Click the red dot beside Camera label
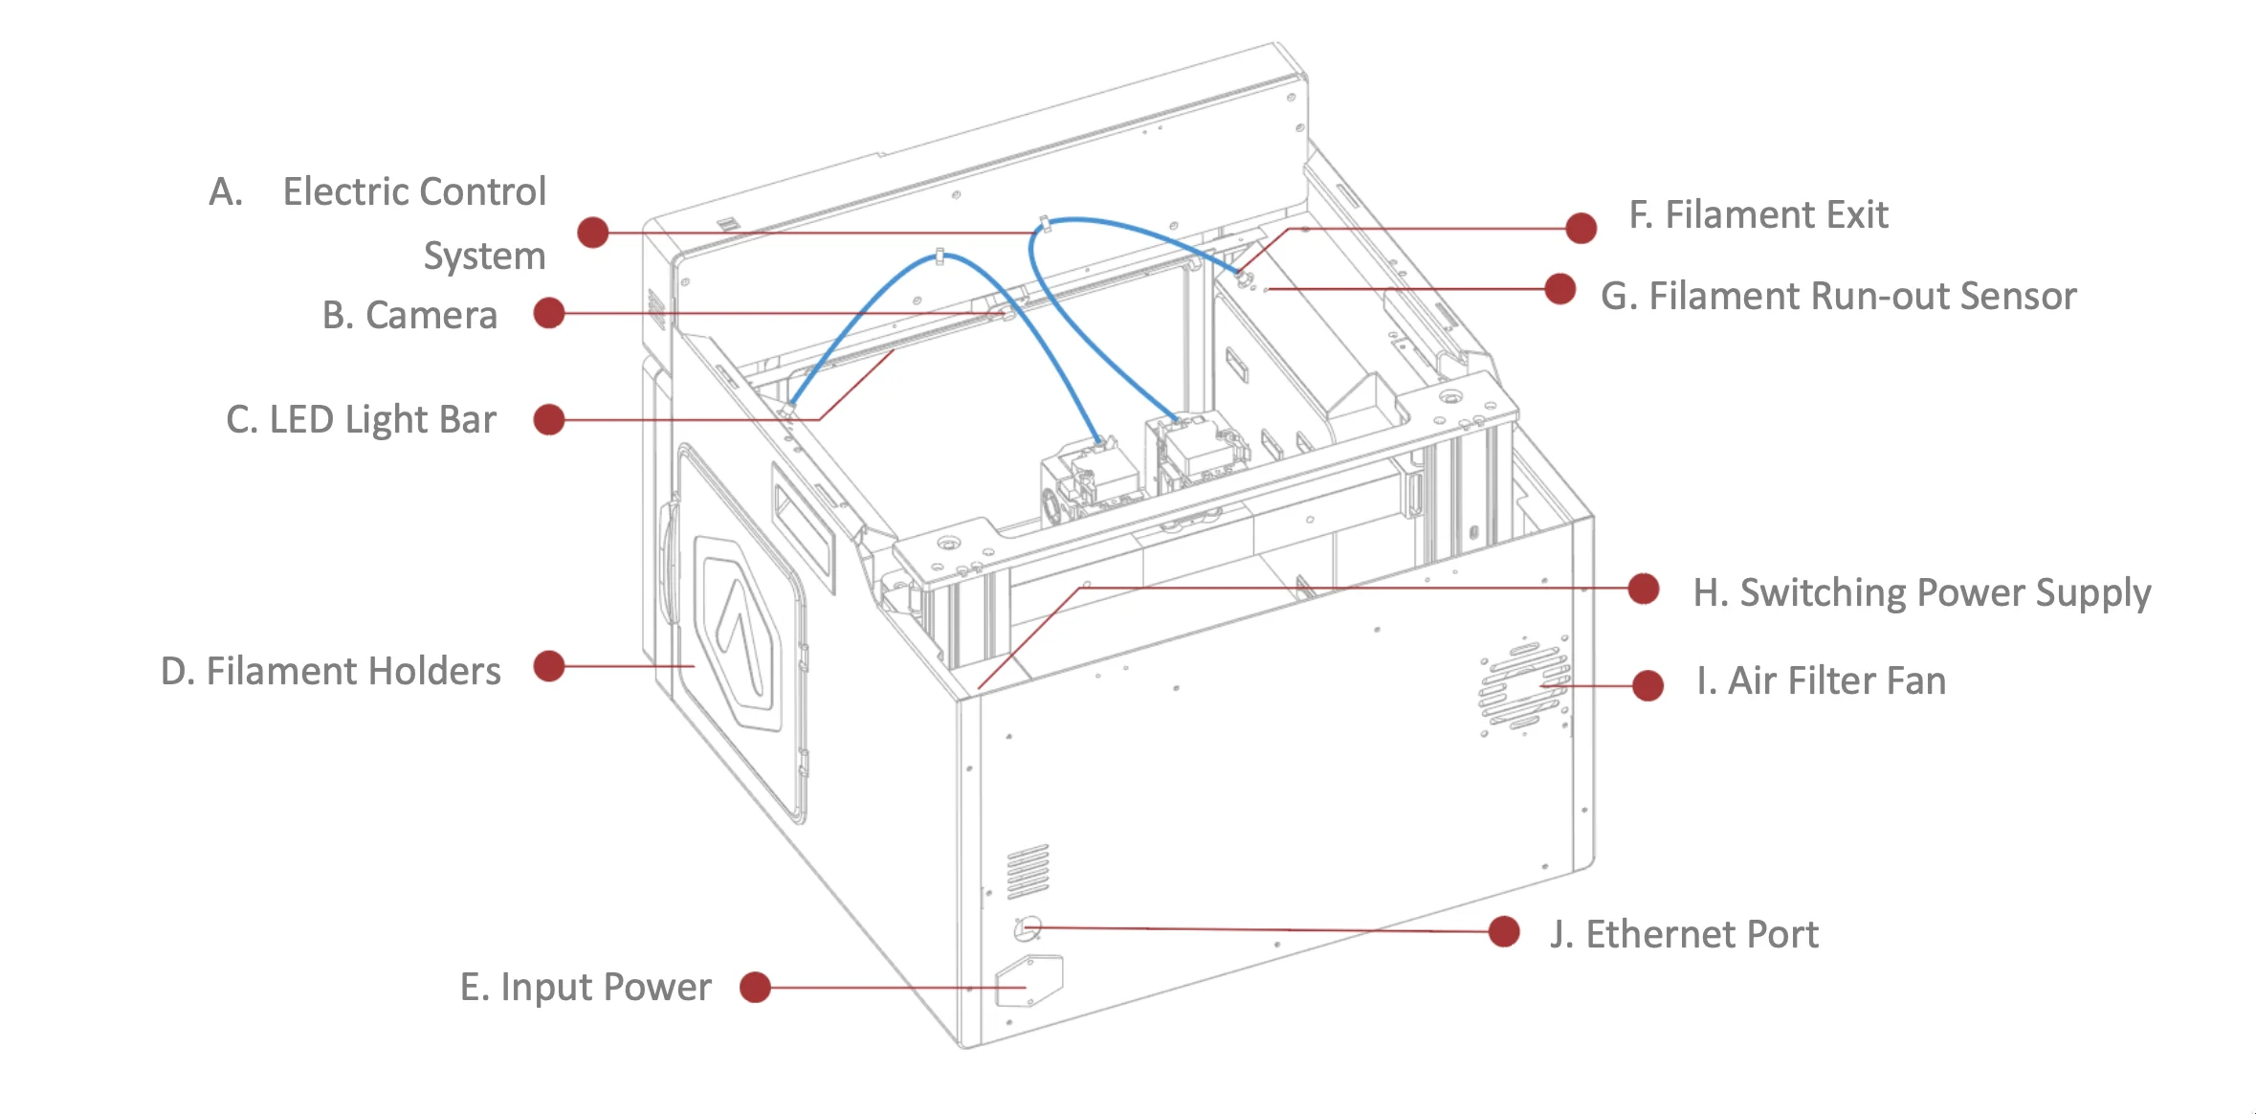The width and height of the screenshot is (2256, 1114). click(548, 313)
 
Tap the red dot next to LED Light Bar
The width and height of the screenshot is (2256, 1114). click(548, 419)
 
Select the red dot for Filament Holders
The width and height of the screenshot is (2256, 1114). click(548, 666)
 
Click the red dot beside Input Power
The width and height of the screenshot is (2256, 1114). click(755, 987)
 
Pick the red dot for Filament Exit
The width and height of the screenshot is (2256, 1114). click(1581, 228)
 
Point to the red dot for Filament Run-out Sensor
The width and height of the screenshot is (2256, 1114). click(1560, 288)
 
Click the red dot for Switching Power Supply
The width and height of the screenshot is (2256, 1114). click(1644, 589)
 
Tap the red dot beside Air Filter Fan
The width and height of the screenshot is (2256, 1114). click(1648, 685)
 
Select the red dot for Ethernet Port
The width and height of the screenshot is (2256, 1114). click(1504, 931)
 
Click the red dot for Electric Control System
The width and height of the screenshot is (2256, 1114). click(593, 232)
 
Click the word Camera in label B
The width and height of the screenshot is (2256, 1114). click(431, 316)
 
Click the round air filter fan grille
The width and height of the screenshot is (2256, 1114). click(1524, 686)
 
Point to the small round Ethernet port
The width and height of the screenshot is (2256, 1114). click(1028, 926)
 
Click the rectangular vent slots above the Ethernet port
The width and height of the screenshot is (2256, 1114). click(1028, 871)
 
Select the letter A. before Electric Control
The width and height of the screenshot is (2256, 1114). click(226, 192)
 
